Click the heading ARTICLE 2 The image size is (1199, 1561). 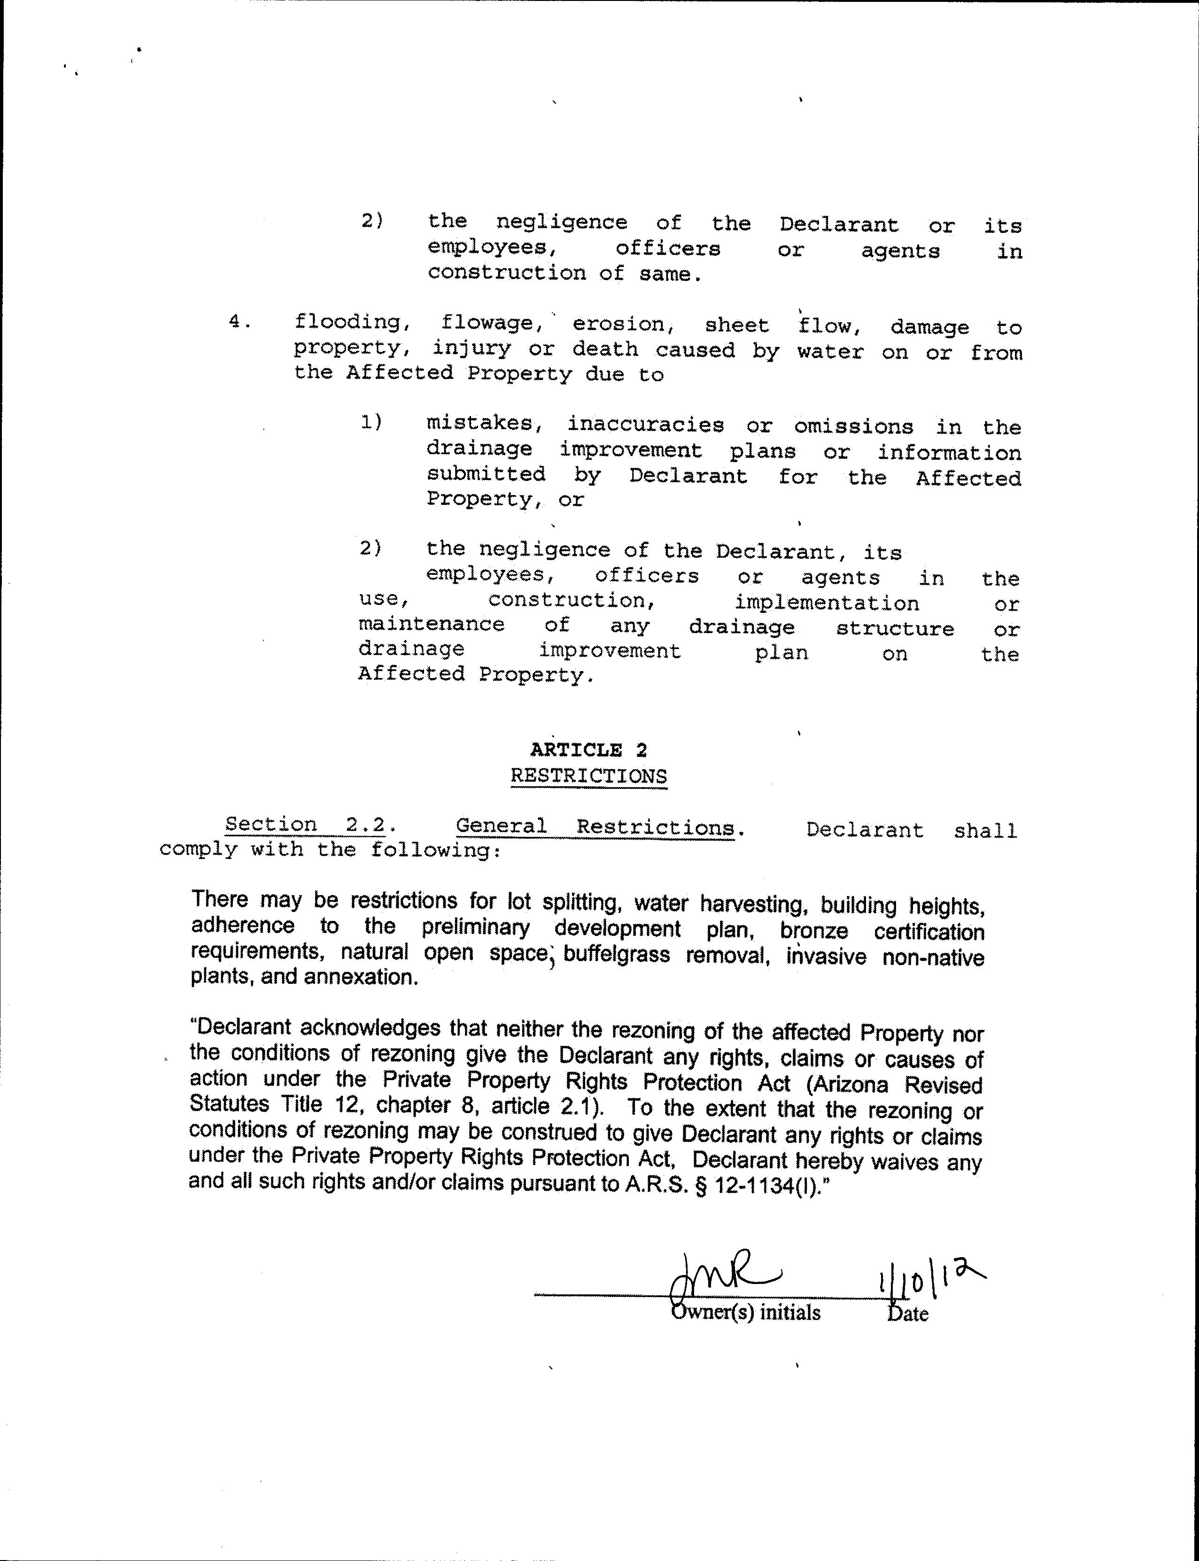click(x=589, y=750)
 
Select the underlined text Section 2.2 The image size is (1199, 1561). click(x=305, y=825)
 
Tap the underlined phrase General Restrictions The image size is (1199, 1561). click(x=595, y=827)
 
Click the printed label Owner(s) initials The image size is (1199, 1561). click(x=746, y=1312)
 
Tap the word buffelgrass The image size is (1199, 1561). click(x=617, y=955)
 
